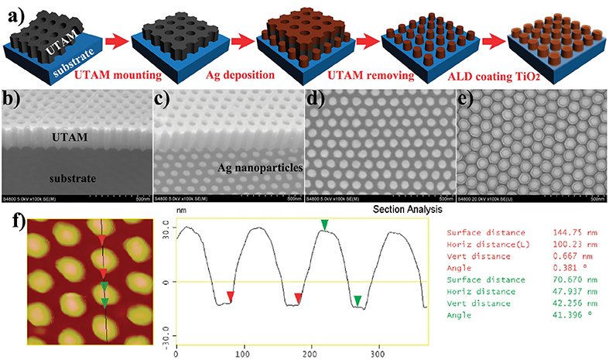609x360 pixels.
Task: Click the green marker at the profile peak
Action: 325,225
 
